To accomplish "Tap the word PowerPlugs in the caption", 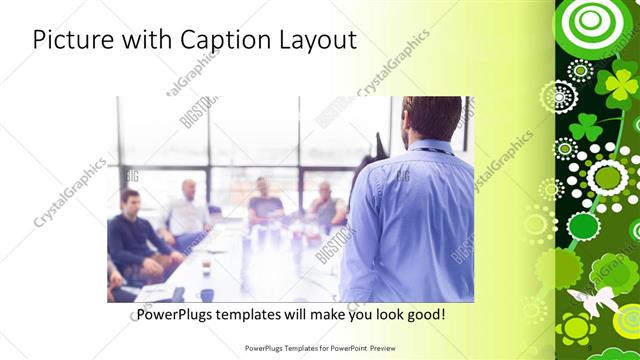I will pyautogui.click(x=177, y=315).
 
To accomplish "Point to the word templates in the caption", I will pyautogui.click(x=262, y=315).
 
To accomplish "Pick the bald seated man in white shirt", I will pyautogui.click(x=187, y=210).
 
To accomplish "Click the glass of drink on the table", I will pyautogui.click(x=206, y=266).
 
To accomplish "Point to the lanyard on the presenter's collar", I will pyautogui.click(x=431, y=151).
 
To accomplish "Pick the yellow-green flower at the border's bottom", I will pyautogui.click(x=576, y=327).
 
